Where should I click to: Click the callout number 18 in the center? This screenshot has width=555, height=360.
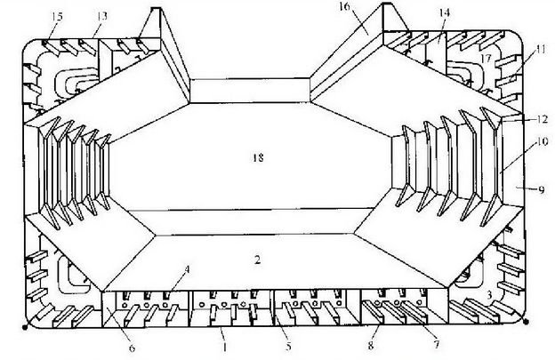(259, 157)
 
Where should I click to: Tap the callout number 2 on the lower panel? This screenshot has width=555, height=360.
(257, 260)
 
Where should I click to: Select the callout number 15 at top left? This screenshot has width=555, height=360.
(57, 17)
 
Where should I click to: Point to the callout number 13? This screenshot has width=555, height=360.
(101, 16)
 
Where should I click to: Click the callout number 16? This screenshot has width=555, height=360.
(345, 7)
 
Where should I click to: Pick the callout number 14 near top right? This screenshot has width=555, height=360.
(444, 12)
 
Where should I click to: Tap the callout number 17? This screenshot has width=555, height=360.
(486, 58)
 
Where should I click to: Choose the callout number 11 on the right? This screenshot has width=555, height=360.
(541, 49)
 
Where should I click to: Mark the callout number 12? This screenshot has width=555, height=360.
(542, 119)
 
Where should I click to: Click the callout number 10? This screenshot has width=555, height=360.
(542, 141)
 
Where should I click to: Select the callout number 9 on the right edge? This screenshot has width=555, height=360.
(542, 190)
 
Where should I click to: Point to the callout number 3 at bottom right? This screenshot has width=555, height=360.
(489, 294)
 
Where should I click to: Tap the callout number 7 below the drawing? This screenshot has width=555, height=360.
(436, 344)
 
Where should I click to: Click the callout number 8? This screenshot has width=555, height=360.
(371, 345)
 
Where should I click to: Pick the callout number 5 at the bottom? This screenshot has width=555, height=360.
(288, 346)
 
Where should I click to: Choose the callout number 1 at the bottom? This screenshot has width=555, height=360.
(224, 347)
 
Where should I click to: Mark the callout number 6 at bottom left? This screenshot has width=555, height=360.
(132, 348)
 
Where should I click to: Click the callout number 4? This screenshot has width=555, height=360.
(187, 269)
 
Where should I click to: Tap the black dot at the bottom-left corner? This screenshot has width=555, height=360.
(25, 327)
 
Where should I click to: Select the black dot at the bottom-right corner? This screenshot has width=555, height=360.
(526, 322)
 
